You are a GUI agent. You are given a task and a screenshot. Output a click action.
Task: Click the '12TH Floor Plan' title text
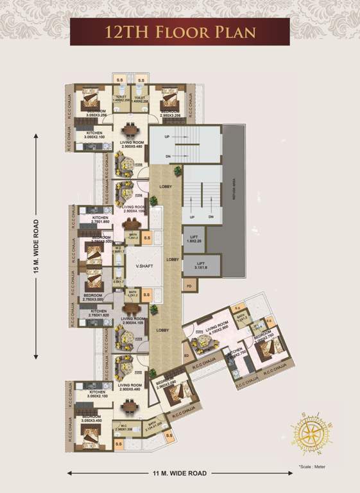pos(180,31)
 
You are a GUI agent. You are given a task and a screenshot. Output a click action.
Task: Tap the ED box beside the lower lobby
pos(186,354)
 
